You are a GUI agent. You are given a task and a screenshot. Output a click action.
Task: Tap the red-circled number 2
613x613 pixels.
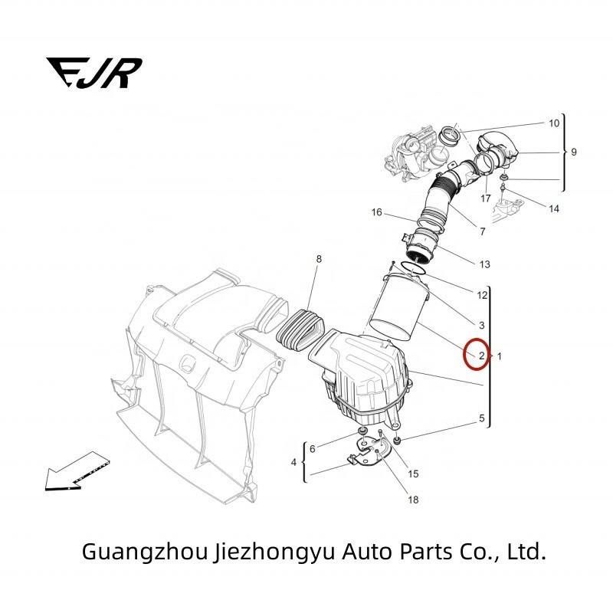(x=480, y=356)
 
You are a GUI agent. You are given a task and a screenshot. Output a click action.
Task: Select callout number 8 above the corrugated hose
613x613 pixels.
(x=319, y=260)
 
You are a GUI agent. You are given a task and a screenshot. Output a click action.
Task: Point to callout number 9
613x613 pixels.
(x=574, y=152)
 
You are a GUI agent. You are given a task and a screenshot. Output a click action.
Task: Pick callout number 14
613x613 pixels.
(x=553, y=208)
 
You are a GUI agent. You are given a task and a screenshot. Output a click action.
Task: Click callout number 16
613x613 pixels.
(x=376, y=212)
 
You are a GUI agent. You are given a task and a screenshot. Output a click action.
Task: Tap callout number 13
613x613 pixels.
(x=484, y=265)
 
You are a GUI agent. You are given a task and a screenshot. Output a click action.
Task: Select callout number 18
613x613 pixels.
(x=413, y=500)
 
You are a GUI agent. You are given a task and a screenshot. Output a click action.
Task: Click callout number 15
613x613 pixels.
(x=413, y=474)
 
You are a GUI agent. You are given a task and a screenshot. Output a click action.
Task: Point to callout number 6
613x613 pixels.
(x=312, y=447)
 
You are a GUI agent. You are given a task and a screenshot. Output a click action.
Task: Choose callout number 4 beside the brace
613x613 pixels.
(x=293, y=462)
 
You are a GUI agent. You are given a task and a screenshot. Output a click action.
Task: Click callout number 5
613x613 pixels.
(x=481, y=418)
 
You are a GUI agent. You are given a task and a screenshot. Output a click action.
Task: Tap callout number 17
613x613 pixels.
(x=485, y=198)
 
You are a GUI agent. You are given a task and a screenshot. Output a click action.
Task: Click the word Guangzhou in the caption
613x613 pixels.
(x=142, y=551)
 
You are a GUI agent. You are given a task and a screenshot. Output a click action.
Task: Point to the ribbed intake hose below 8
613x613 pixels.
(x=300, y=330)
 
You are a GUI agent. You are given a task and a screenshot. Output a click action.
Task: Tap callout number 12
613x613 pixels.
(x=482, y=294)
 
